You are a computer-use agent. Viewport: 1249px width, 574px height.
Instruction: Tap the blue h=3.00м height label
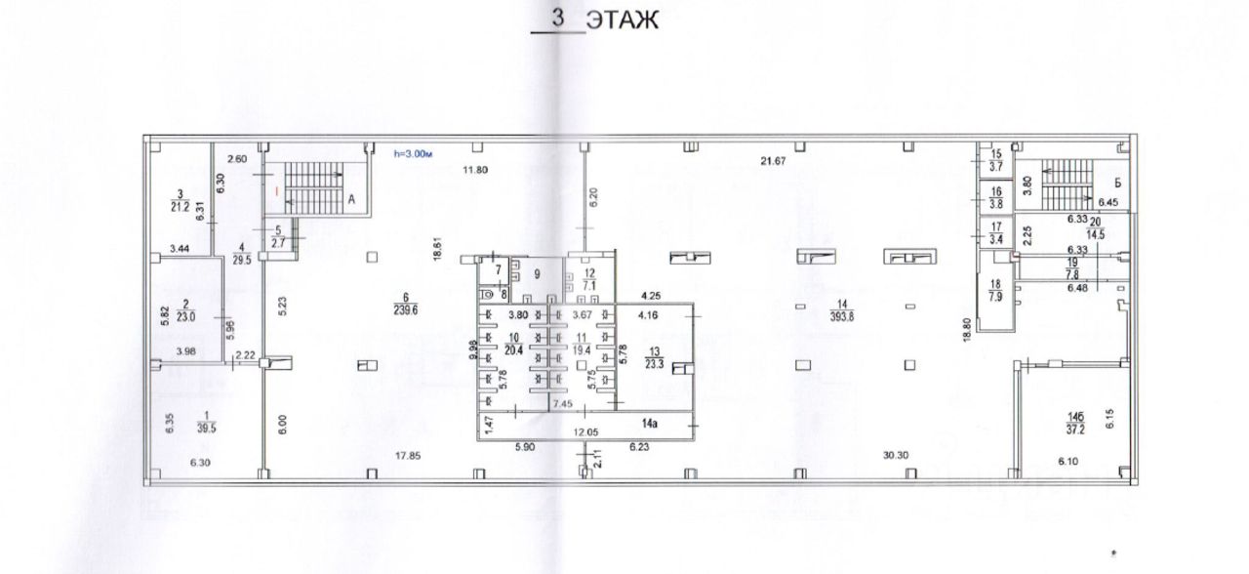[414, 152]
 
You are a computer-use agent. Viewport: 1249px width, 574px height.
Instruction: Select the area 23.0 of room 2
[184, 316]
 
